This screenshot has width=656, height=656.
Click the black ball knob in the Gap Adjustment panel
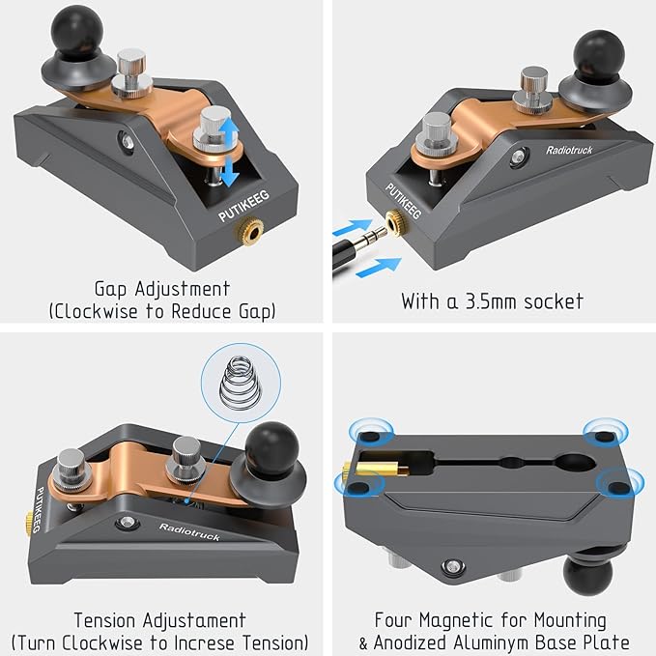pos(77,34)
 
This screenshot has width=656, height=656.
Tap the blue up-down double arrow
pos(229,152)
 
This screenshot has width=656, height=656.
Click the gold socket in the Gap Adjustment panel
pos(249,229)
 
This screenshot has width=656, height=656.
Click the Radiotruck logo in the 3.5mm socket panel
pos(569,150)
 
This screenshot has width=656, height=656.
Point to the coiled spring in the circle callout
pos(241,383)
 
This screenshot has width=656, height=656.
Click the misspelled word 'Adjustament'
pos(194,621)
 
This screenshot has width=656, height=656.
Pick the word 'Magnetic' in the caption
pos(457,620)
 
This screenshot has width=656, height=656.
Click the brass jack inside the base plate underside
pos(377,469)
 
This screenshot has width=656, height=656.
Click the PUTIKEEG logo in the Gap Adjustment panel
pos(243,206)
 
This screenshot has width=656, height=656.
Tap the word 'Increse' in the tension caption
pos(205,643)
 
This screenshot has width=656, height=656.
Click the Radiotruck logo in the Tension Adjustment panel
pos(189,531)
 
